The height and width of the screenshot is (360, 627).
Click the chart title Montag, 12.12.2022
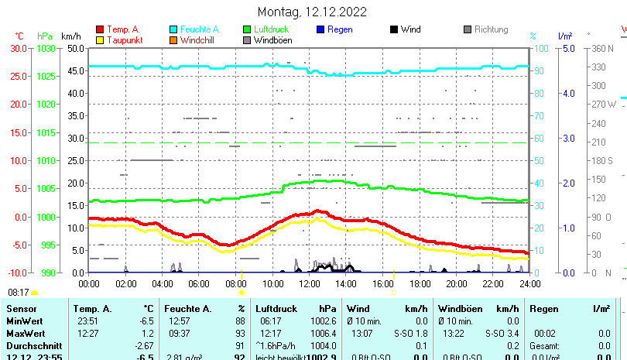click(312, 12)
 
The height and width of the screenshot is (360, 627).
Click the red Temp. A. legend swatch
click(99, 29)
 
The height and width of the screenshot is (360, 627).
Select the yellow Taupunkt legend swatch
click(99, 39)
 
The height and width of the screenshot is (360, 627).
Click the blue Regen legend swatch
click(321, 29)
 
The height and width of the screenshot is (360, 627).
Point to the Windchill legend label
click(199, 39)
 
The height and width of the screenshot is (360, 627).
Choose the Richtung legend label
click(491, 29)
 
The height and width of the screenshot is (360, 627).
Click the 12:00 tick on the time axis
click(309, 283)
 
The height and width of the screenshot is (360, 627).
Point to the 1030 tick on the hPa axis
click(46, 48)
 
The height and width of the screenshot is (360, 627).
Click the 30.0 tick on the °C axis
click(19, 48)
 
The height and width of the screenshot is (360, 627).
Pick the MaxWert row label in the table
click(26, 333)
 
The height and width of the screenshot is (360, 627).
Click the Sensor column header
click(21, 309)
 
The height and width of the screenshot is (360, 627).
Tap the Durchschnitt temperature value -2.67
click(145, 345)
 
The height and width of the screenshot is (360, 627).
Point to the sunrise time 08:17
click(18, 293)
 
